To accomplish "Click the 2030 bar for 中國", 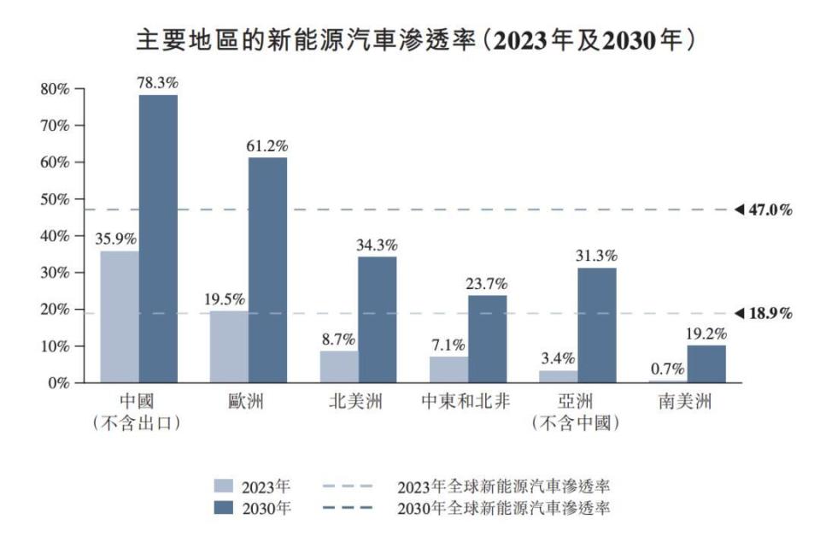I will tap(158, 239).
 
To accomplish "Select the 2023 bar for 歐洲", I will tap(229, 346).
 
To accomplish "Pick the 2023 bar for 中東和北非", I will tap(448, 369).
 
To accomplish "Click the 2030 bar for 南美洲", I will tap(706, 363).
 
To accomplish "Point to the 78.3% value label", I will tap(157, 84).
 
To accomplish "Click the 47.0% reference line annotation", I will tap(764, 210).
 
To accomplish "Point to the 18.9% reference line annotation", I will tap(764, 313).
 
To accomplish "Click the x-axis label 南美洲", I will tap(685, 402).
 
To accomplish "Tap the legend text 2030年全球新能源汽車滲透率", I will tap(503, 508).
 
